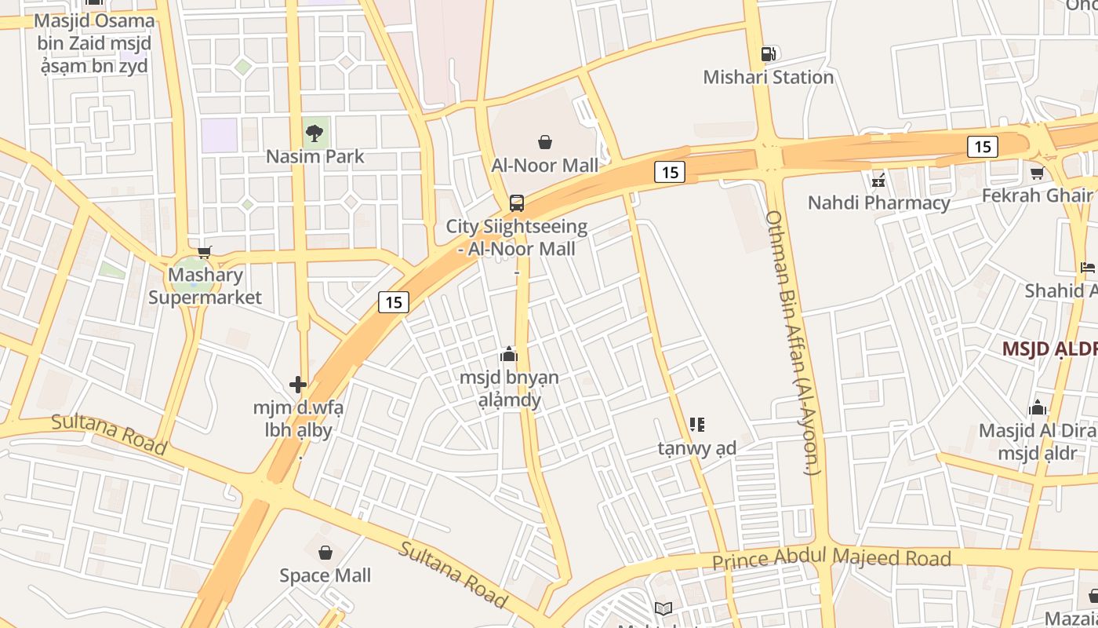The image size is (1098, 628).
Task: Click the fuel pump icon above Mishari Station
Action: pyautogui.click(x=769, y=54)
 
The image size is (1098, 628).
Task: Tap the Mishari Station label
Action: pyautogui.click(x=768, y=77)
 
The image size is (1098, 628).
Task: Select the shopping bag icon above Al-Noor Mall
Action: pyautogui.click(x=544, y=142)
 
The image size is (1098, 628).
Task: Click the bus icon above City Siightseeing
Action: pyautogui.click(x=516, y=203)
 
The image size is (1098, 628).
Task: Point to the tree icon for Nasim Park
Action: pyautogui.click(x=314, y=133)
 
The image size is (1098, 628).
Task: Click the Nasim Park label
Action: pyautogui.click(x=314, y=156)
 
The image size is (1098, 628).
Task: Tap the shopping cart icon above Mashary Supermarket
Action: pyautogui.click(x=205, y=252)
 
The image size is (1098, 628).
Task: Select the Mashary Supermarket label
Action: pyautogui.click(x=205, y=287)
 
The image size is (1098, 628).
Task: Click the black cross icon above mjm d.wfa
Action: pyautogui.click(x=298, y=385)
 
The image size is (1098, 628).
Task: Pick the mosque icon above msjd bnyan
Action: pyautogui.click(x=509, y=354)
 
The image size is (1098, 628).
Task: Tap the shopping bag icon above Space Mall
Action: pyautogui.click(x=325, y=553)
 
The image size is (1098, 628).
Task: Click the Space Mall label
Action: pyautogui.click(x=325, y=575)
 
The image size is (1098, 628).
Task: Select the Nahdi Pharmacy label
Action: pyautogui.click(x=878, y=203)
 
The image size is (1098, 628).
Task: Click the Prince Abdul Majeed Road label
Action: pyautogui.click(x=831, y=559)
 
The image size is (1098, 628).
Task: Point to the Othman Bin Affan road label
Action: pyautogui.click(x=792, y=342)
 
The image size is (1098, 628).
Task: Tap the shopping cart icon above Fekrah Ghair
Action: pyautogui.click(x=1037, y=173)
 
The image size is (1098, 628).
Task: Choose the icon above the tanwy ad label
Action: pyautogui.click(x=696, y=425)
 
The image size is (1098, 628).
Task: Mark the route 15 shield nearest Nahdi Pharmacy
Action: pyautogui.click(x=982, y=146)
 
